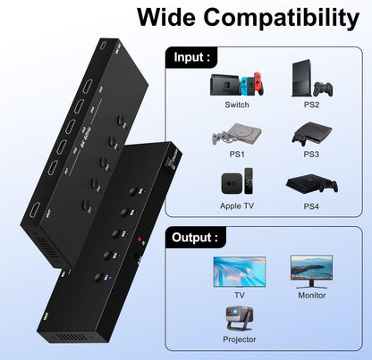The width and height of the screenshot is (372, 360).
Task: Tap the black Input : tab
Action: [x=192, y=58]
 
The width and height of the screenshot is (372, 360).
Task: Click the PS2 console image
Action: [x=308, y=81]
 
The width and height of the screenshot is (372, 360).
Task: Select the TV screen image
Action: [x=239, y=272]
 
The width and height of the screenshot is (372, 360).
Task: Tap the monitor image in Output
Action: [x=311, y=270]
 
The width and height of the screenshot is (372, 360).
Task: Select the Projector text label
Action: [x=239, y=339]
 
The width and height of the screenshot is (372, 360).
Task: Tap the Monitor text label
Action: [x=311, y=294]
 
